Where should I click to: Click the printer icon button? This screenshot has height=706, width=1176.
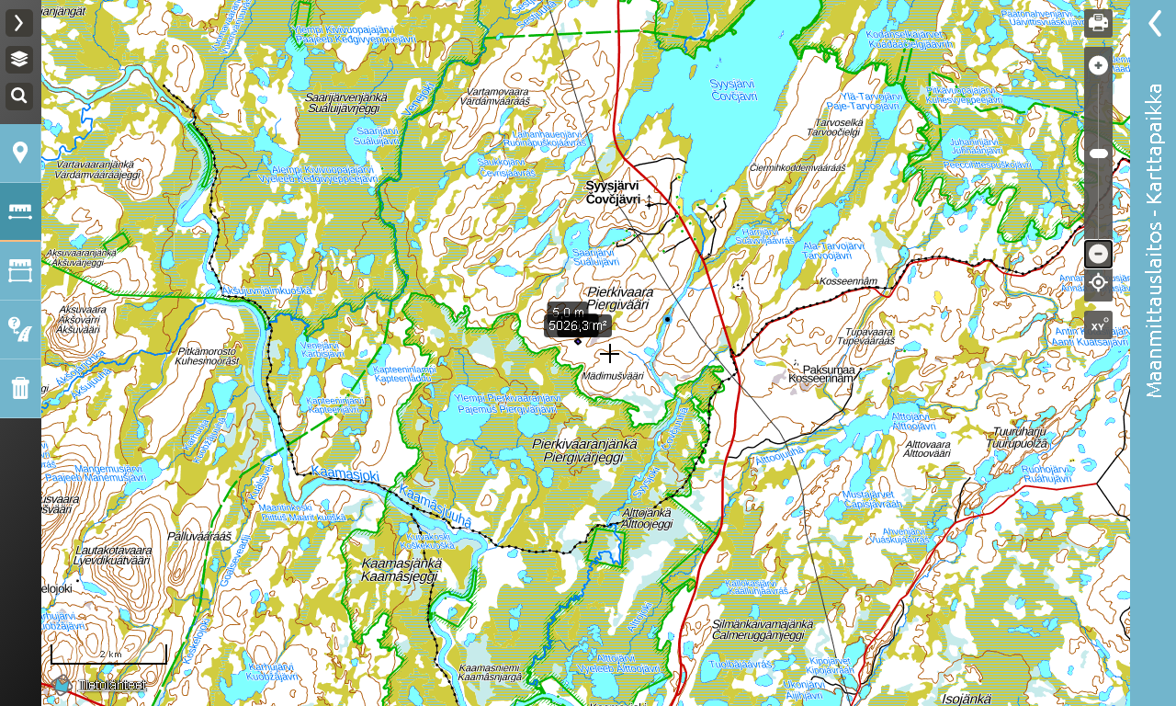(x=1098, y=23)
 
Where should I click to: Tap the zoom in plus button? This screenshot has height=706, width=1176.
(x=1098, y=64)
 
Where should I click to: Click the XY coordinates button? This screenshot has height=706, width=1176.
(x=1098, y=325)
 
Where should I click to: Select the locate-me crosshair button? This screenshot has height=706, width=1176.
(x=1098, y=282)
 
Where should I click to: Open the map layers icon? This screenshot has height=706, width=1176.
(x=19, y=60)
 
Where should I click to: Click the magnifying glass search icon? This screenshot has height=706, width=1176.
(x=19, y=96)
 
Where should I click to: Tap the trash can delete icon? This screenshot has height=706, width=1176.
(x=20, y=388)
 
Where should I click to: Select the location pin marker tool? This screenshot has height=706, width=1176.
(x=20, y=153)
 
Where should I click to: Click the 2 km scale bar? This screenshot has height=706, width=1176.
(x=108, y=655)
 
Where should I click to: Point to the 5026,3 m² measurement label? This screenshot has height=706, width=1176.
(x=578, y=325)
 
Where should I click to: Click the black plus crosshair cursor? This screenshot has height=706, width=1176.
(x=610, y=354)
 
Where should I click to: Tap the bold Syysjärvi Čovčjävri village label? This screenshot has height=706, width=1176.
(x=613, y=192)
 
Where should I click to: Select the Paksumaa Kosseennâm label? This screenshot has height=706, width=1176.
(x=820, y=373)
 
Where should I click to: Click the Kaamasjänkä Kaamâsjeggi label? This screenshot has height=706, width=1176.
(x=401, y=569)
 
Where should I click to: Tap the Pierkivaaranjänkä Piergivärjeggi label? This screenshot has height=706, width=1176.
(x=584, y=450)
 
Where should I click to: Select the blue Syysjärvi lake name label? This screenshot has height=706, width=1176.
(x=733, y=89)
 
